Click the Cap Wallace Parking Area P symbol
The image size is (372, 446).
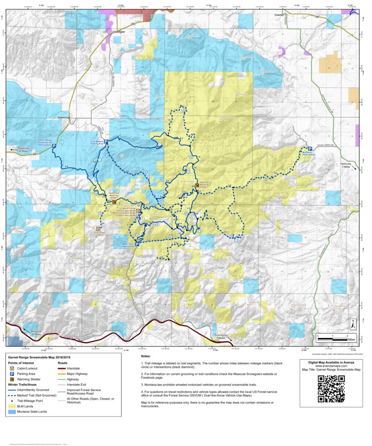click(106, 142)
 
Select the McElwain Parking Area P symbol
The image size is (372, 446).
click(310, 149)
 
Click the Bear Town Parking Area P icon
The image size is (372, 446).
click(137, 244)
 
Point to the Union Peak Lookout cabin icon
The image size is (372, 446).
click(98, 229)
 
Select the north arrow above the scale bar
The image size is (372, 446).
click(353, 324)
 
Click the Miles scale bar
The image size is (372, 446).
click(333, 337)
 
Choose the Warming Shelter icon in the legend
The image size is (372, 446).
click(12, 379)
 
